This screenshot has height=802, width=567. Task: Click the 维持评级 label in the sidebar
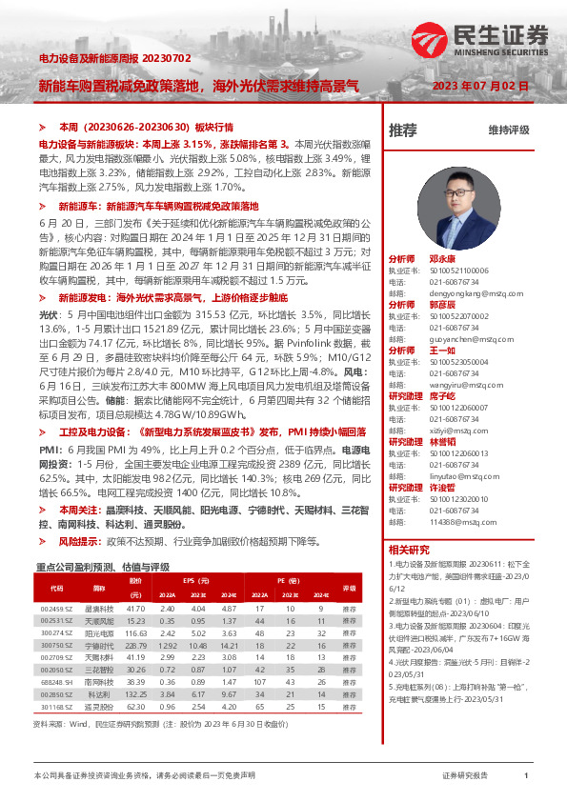(508, 130)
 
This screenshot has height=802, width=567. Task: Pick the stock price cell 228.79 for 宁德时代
(136, 645)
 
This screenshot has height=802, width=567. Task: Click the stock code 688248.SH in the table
(56, 683)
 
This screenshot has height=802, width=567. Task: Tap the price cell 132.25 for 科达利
(136, 695)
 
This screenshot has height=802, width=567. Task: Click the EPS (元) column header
(196, 580)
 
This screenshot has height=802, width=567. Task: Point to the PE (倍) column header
(289, 580)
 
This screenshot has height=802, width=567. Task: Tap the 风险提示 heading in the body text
(78, 540)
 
